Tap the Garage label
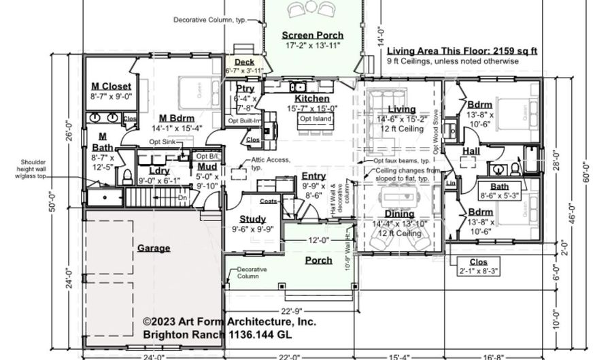click(154, 248)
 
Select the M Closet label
click(112, 86)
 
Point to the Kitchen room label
click(312, 99)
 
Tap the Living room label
click(401, 110)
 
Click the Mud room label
click(207, 167)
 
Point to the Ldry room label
click(158, 171)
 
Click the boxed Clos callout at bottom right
click(483, 262)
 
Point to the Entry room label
click(313, 176)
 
